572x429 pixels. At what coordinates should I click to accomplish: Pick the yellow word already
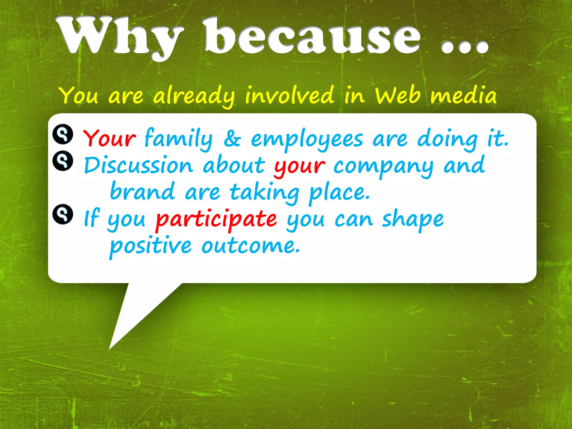tap(194, 96)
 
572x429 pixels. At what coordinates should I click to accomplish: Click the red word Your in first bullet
tap(109, 138)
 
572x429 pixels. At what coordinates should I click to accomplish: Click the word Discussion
tap(139, 165)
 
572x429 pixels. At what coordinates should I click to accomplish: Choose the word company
tap(383, 166)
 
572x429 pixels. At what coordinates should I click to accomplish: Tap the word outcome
tap(251, 246)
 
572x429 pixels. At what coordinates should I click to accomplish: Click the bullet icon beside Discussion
tap(63, 161)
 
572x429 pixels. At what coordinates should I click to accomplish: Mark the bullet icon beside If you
tap(63, 214)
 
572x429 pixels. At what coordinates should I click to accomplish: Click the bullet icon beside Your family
tap(63, 134)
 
